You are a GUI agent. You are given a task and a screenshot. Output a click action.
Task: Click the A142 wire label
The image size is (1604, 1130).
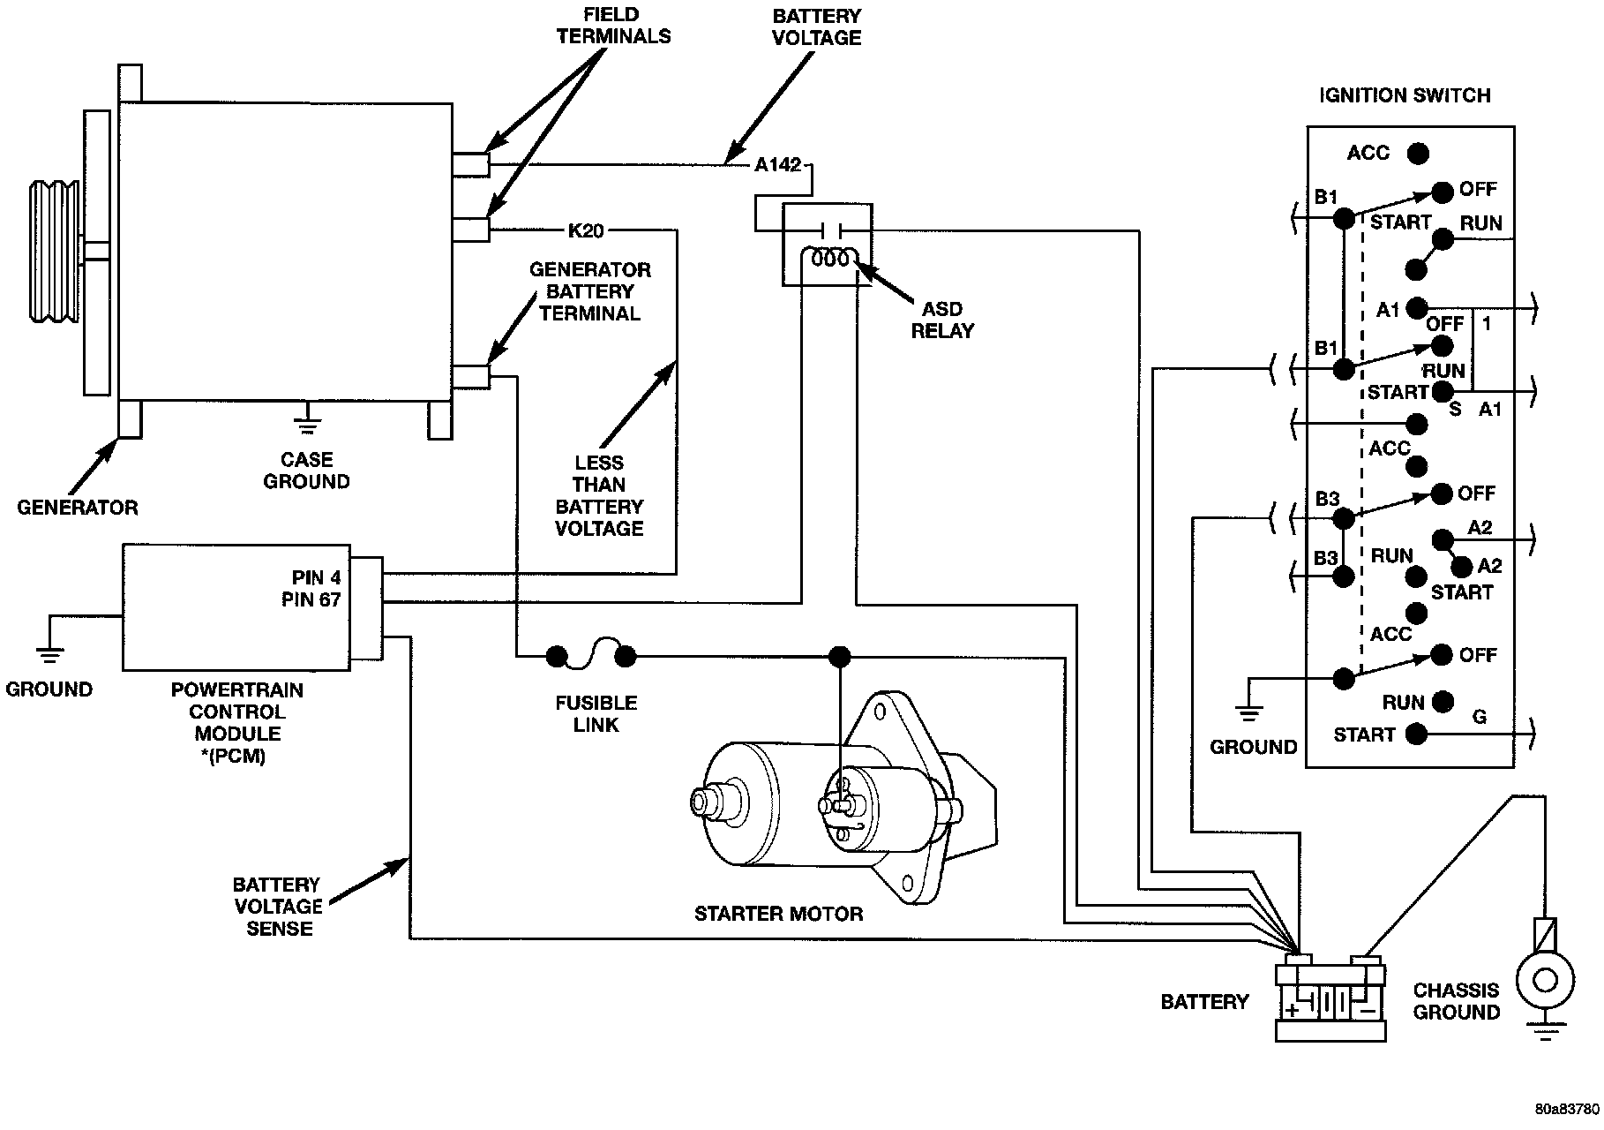click(777, 165)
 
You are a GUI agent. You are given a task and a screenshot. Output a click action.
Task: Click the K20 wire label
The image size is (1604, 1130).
click(586, 231)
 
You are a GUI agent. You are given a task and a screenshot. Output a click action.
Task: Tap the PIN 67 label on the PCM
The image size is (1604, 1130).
click(311, 600)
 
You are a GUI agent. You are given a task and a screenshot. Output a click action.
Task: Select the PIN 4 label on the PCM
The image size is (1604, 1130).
click(317, 578)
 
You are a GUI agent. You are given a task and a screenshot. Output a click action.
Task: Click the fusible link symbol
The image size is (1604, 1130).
click(591, 655)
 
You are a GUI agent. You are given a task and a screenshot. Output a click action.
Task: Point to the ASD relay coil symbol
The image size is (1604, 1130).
click(830, 260)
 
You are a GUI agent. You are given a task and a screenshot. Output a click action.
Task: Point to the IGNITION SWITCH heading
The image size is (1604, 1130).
click(1405, 95)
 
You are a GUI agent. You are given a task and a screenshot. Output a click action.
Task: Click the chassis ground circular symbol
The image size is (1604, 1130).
click(1544, 981)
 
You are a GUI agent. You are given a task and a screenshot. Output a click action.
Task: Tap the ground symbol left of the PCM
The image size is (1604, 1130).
click(49, 655)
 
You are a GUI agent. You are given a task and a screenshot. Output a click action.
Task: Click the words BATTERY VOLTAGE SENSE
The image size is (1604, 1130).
click(277, 907)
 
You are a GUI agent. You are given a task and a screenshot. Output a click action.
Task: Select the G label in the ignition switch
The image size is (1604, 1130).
click(1480, 718)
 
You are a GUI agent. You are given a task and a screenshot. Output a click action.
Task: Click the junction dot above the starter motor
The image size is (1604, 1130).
click(840, 656)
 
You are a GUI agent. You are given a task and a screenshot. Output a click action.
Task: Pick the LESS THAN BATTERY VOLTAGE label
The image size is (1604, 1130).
click(599, 495)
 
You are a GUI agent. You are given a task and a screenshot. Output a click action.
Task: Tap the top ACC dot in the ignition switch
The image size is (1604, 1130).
click(1418, 154)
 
